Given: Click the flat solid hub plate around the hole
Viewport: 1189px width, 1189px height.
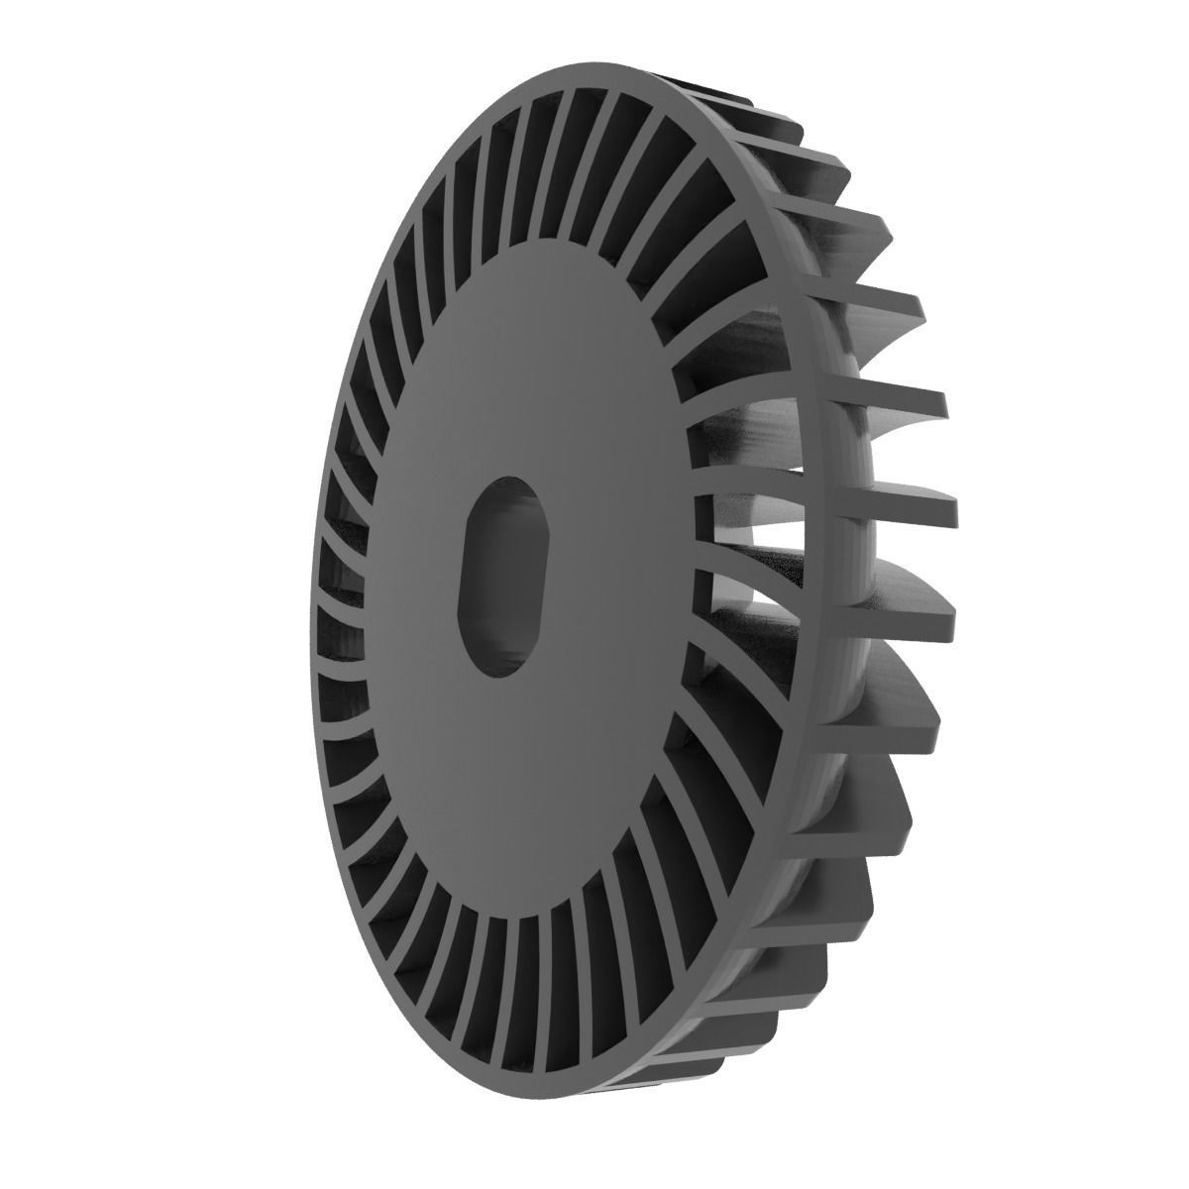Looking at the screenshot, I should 555,377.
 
